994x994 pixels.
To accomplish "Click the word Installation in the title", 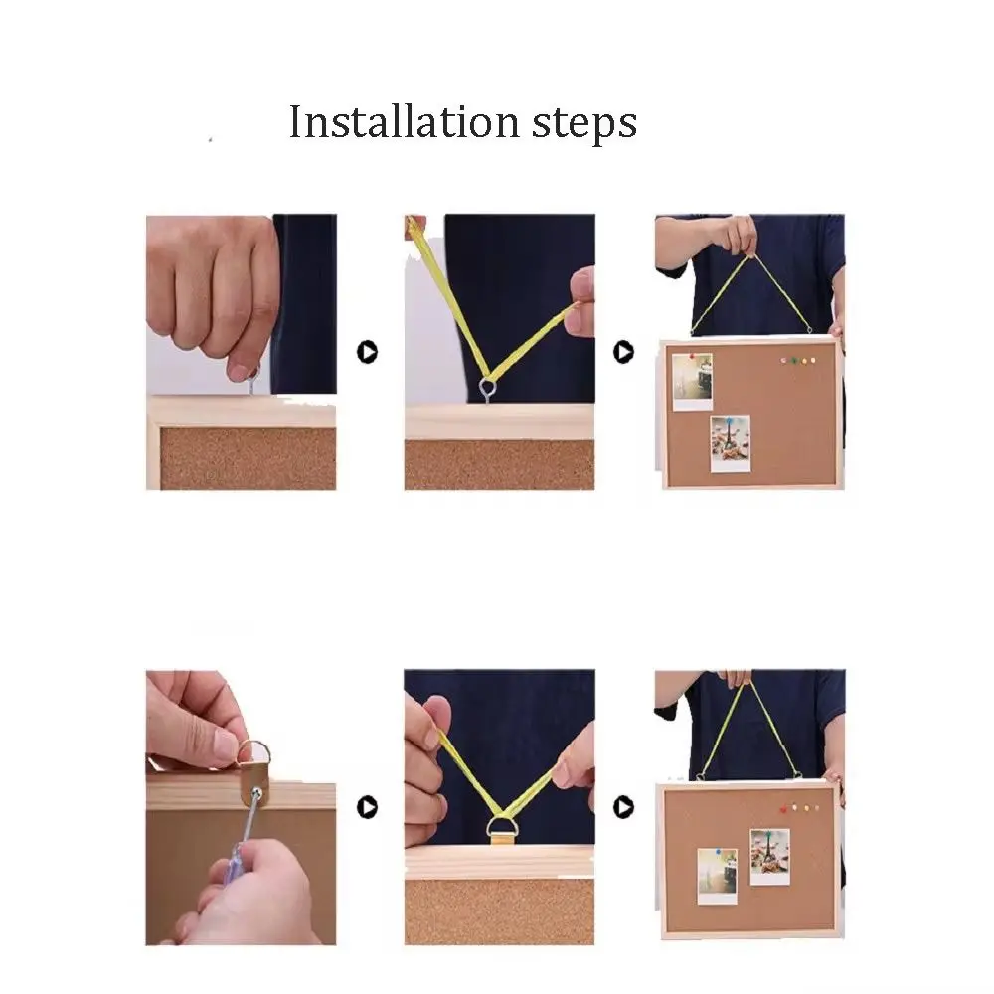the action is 404,121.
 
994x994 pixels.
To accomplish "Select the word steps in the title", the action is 583,124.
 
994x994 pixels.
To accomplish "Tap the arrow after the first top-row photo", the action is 367,352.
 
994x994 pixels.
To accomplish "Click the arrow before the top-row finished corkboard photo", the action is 624,352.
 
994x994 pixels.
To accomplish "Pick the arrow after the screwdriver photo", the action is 367,807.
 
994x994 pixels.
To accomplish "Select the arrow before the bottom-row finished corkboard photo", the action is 624,807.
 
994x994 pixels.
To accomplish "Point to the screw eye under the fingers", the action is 252,381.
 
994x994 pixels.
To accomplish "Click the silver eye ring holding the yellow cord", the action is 487,388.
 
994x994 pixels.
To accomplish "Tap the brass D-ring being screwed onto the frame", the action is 253,750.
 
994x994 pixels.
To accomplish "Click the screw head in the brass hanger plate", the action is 256,792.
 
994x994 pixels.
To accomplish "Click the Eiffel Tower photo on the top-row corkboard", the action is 731,443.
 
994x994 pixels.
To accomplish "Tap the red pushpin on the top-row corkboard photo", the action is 692,357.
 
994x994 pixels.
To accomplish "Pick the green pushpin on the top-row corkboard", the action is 794,361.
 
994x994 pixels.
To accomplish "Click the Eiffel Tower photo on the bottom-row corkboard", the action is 769,857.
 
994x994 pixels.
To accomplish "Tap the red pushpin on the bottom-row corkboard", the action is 783,809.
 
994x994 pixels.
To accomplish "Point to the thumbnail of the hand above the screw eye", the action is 239,372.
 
